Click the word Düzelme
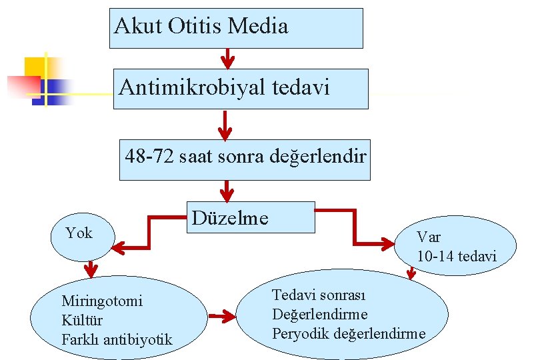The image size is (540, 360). point(230,218)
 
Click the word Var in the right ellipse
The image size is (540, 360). point(429,237)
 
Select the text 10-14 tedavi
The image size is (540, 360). point(457,256)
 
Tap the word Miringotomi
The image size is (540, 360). point(101,301)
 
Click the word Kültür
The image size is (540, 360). point(77,320)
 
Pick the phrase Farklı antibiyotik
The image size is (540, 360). point(117,340)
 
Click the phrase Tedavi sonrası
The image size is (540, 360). point(319,295)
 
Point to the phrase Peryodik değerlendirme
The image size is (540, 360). point(349,333)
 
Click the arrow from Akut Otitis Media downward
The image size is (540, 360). point(227,59)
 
